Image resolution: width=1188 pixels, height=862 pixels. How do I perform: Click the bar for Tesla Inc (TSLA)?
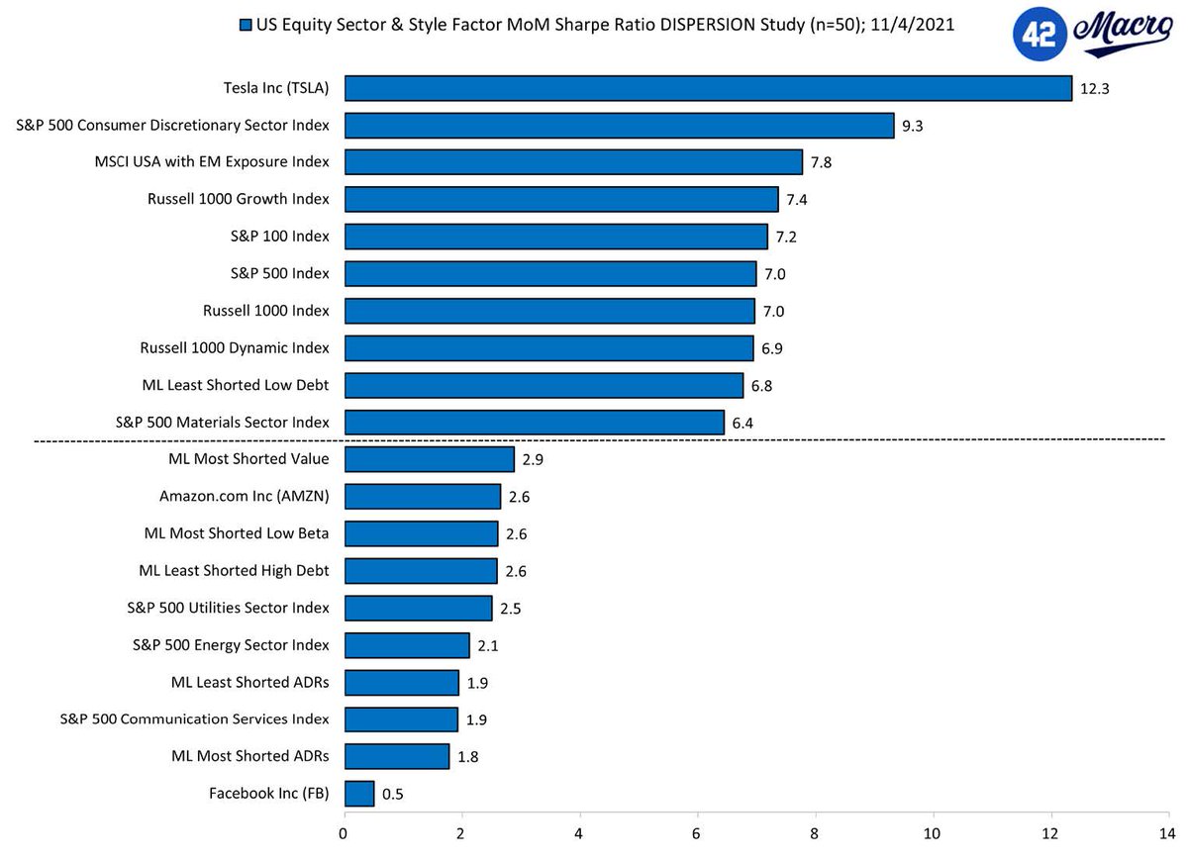pyautogui.click(x=708, y=88)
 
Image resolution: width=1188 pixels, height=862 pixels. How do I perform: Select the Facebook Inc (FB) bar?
pyautogui.click(x=359, y=794)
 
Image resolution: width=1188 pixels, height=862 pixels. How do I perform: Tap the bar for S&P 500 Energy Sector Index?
pyautogui.click(x=406, y=645)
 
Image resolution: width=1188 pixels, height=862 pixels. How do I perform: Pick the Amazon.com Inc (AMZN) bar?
pyautogui.click(x=422, y=497)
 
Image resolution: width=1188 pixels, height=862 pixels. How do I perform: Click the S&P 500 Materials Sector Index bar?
pyautogui.click(x=534, y=423)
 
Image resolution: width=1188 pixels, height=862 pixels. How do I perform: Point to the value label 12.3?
pyautogui.click(x=1094, y=89)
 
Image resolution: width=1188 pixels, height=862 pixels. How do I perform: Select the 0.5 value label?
pyautogui.click(x=393, y=794)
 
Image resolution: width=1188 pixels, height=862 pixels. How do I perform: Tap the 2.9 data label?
pyautogui.click(x=534, y=460)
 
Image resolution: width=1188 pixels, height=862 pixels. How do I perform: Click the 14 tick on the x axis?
pyautogui.click(x=1168, y=832)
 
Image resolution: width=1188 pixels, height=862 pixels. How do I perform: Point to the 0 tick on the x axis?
pyautogui.click(x=344, y=832)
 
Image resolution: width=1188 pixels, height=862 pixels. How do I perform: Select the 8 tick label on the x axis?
pyautogui.click(x=815, y=832)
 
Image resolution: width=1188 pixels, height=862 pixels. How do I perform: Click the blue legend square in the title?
pyautogui.click(x=245, y=25)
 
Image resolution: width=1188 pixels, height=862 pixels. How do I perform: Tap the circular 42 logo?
pyautogui.click(x=1039, y=37)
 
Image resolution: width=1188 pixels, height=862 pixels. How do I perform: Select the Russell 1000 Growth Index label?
pyautogui.click(x=239, y=199)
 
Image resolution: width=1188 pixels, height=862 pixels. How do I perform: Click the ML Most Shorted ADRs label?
pyautogui.click(x=250, y=756)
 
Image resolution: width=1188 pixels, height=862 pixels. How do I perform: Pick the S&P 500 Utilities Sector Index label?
pyautogui.click(x=229, y=608)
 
